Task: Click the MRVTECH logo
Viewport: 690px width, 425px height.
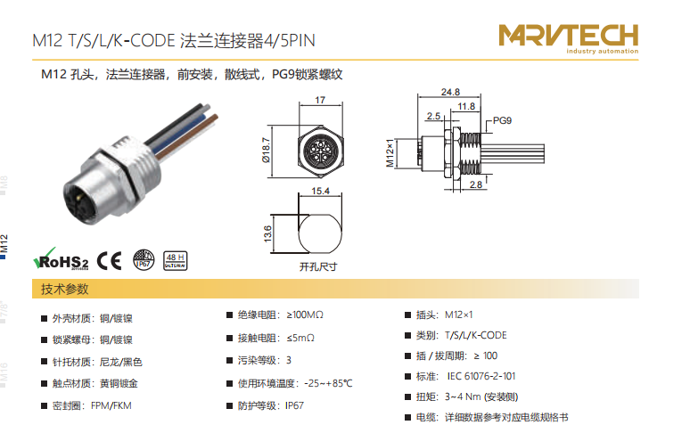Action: [x=568, y=38]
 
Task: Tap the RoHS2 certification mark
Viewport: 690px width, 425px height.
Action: [x=62, y=259]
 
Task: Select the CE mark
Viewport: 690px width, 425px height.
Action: [x=109, y=261]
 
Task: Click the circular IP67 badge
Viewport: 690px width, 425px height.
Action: [x=144, y=260]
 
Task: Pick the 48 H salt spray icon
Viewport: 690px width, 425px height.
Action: [x=175, y=260]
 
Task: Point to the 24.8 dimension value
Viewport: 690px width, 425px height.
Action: [x=450, y=92]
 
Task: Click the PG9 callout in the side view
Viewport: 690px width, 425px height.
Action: [x=502, y=120]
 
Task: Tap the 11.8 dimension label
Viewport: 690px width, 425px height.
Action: [x=466, y=106]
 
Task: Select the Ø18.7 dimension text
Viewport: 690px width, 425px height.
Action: [x=266, y=150]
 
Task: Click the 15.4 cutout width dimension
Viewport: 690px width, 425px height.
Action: [x=320, y=191]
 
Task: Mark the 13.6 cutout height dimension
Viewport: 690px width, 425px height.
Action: [x=267, y=234]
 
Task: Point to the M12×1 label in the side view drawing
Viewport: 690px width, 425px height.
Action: [x=390, y=153]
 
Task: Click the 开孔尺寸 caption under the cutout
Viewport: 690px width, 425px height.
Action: [x=318, y=266]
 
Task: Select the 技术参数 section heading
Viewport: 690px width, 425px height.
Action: [x=65, y=289]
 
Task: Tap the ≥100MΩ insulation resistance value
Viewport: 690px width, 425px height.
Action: [x=305, y=315]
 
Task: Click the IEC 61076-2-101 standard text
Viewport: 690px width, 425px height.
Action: [x=481, y=376]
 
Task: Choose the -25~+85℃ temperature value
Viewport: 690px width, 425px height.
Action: [x=328, y=383]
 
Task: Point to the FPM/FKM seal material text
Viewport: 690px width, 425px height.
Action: [x=111, y=405]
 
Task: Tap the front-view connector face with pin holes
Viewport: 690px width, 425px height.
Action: [x=320, y=151]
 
